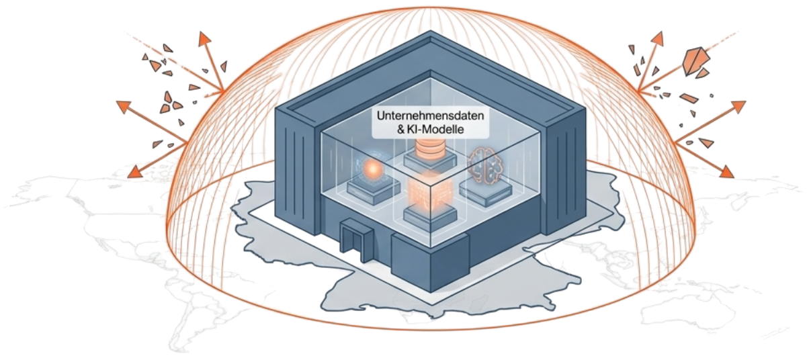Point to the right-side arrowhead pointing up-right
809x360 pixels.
737,107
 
